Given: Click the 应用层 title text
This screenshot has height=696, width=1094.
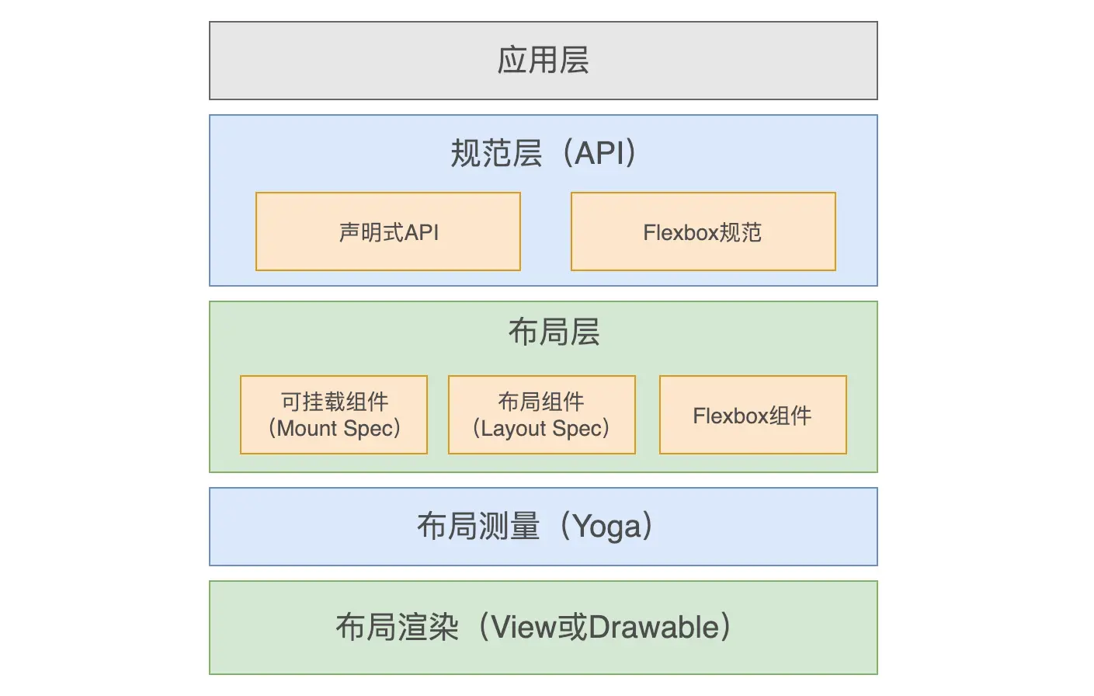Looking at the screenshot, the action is pyautogui.click(x=543, y=61).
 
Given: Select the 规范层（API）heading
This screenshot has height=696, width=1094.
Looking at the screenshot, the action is pyautogui.click(x=543, y=153).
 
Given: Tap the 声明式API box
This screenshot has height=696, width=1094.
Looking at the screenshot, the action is pyautogui.click(x=388, y=231).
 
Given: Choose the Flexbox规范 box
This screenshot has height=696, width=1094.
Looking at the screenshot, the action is pyautogui.click(x=703, y=231).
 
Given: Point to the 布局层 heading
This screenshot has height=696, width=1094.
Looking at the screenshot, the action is pyautogui.click(x=554, y=332).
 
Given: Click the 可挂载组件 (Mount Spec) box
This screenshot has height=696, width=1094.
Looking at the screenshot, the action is pyautogui.click(x=334, y=415).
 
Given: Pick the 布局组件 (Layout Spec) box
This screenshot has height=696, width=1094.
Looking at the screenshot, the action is pyautogui.click(x=542, y=415).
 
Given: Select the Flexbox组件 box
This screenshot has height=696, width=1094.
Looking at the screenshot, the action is pyautogui.click(x=753, y=415).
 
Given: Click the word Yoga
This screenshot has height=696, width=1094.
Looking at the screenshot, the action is pyautogui.click(x=606, y=527).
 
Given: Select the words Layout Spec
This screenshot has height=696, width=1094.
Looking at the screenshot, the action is pyautogui.click(x=542, y=429).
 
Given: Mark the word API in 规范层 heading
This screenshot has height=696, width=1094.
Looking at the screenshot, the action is pyautogui.click(x=599, y=153).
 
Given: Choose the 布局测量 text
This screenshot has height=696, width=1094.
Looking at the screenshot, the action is pyautogui.click(x=478, y=527).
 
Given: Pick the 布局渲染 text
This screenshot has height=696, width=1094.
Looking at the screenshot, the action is pyautogui.click(x=397, y=627).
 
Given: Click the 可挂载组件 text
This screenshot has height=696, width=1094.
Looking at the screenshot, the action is pyautogui.click(x=335, y=402).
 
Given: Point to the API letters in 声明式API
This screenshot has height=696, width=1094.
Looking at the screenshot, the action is pyautogui.click(x=422, y=233).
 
